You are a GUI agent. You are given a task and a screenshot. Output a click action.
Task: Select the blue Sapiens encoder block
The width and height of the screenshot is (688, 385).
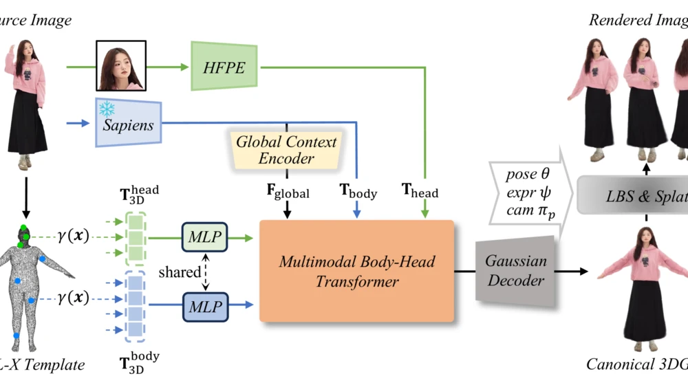pos(129,124)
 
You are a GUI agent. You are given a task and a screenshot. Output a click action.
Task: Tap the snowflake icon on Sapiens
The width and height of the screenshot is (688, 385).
pos(107,109)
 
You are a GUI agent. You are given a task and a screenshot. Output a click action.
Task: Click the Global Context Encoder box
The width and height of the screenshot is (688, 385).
pos(286,150)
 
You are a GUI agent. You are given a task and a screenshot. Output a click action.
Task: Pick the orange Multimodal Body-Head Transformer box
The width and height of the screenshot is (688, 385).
pos(356,271)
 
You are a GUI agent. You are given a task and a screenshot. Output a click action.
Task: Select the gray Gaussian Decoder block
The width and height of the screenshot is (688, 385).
pos(515,270)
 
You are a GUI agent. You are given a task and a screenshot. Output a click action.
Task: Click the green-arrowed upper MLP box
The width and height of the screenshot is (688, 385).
pos(205,237)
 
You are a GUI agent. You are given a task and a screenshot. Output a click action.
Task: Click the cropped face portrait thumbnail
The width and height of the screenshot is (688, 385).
pos(121,66)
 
